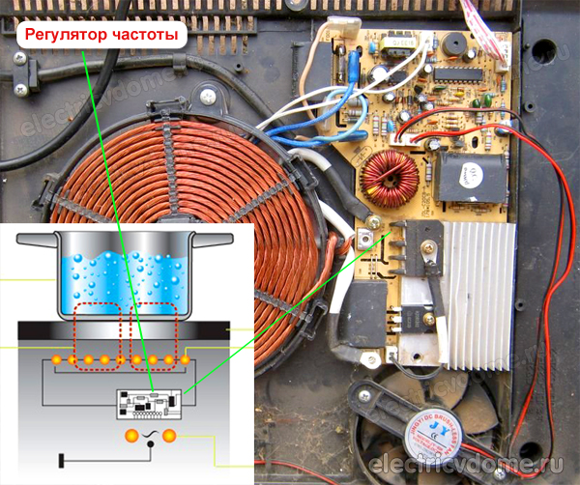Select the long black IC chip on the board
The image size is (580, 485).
coord(456,74)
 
